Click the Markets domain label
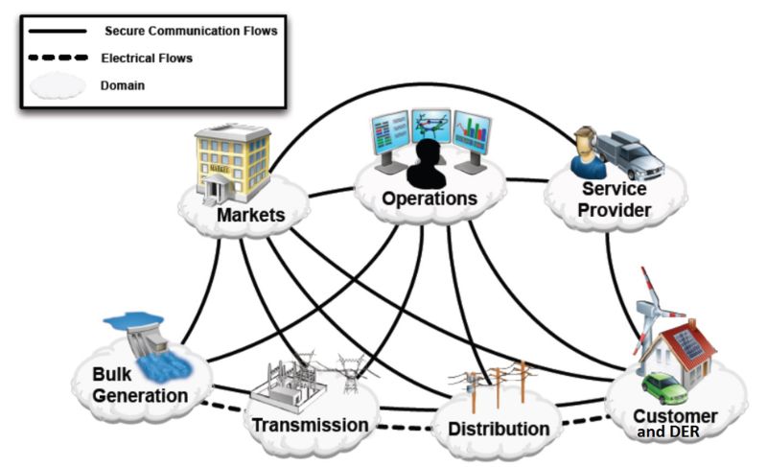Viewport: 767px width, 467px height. click(250, 215)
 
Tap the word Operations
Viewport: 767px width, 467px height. click(430, 198)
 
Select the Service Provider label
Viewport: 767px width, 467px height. click(616, 200)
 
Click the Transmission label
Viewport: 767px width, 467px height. click(310, 425)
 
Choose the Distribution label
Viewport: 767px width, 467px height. click(500, 429)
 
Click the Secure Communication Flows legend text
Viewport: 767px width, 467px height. click(190, 31)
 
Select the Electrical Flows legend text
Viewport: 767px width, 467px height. click(147, 58)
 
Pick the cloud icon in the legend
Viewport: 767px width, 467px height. click(56, 85)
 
